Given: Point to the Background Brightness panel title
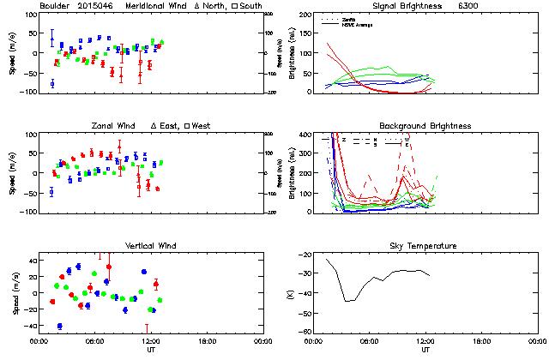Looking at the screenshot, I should coord(425,126).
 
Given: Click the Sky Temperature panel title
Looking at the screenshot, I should coord(425,246).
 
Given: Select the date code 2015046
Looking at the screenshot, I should coord(99,6).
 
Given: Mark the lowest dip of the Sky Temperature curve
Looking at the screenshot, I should coord(347,301).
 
